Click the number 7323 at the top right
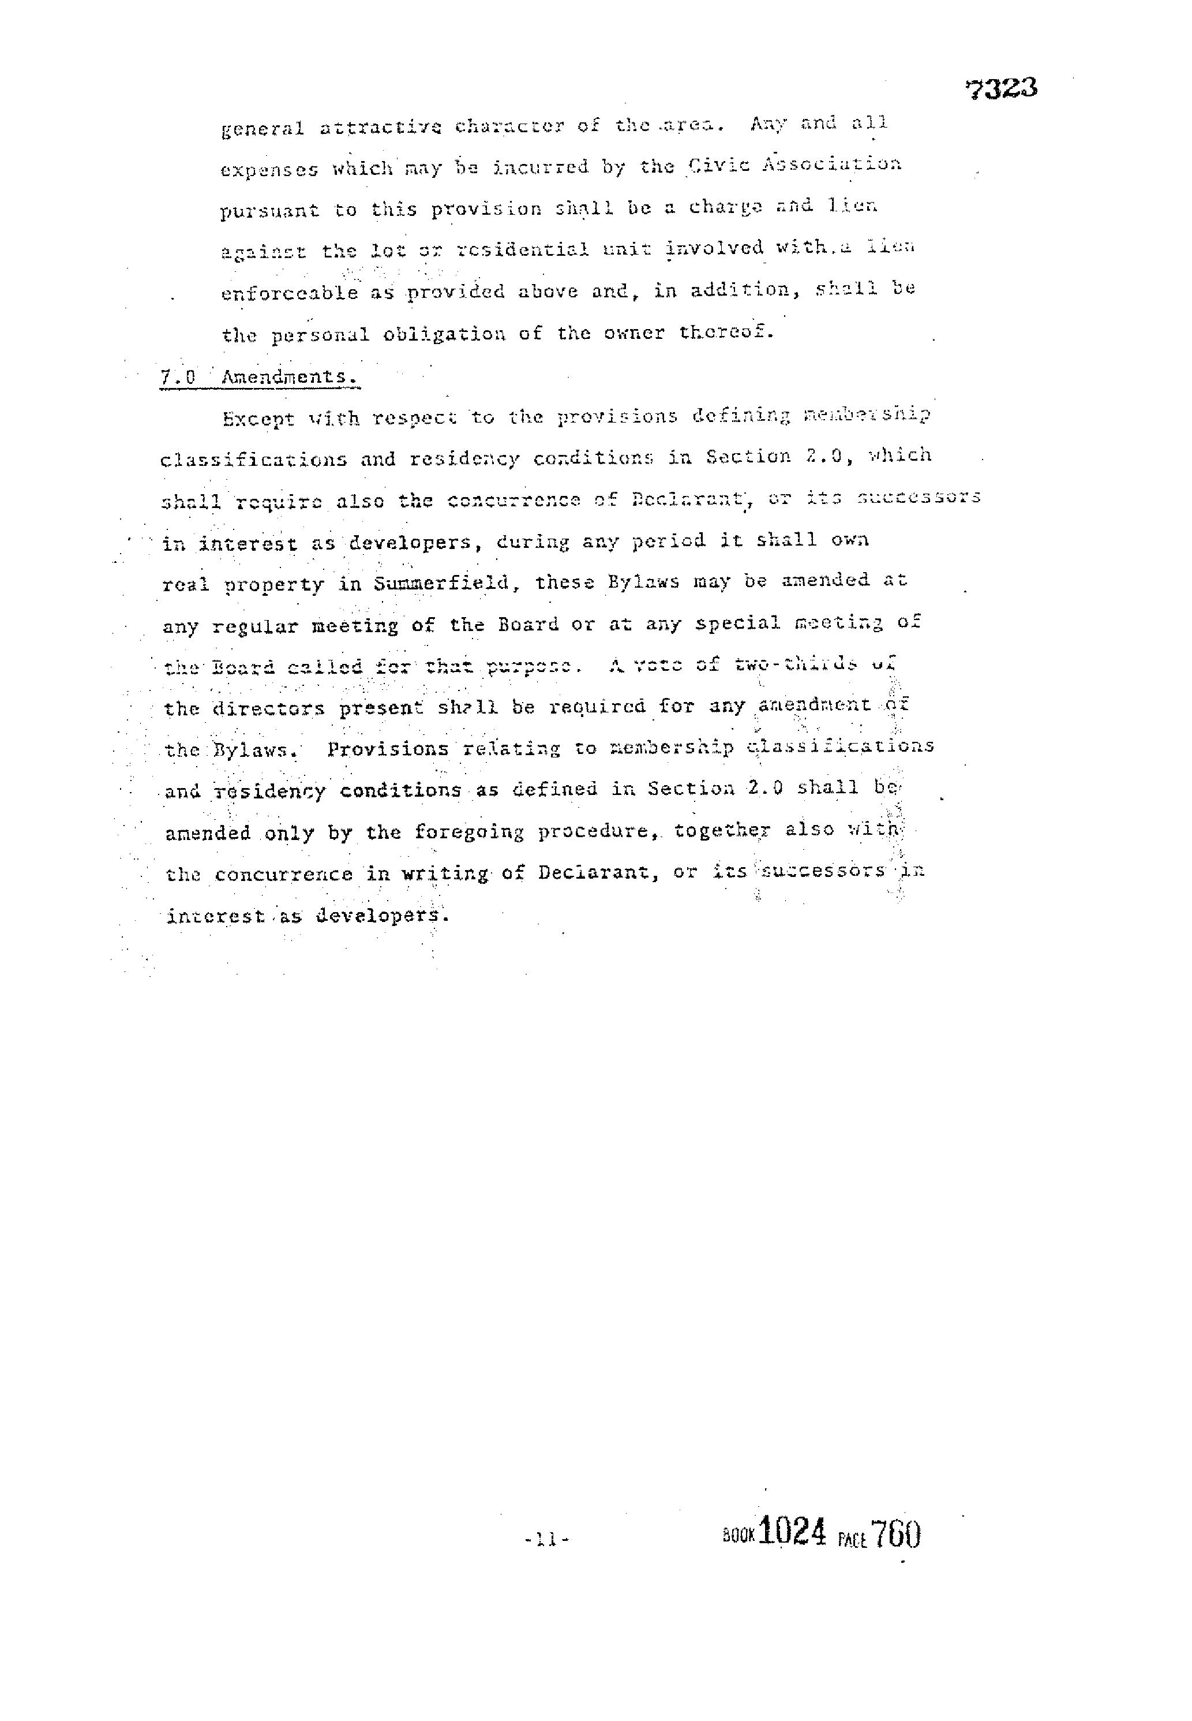[1001, 89]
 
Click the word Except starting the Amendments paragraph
[258, 419]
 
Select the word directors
[269, 708]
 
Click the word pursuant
[269, 211]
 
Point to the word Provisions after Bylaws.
[388, 749]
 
